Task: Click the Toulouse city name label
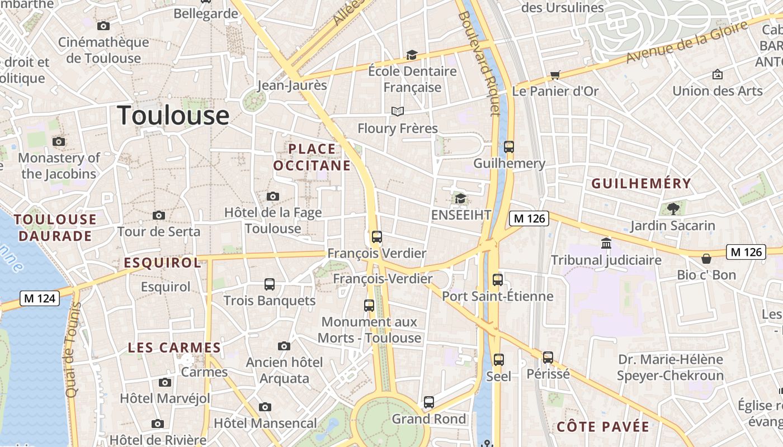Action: coord(173,115)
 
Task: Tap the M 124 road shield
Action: coord(40,298)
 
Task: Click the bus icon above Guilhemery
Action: coord(508,147)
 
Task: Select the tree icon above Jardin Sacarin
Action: coord(673,209)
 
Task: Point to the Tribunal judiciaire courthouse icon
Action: coord(606,244)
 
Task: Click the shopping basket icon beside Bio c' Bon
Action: coord(706,258)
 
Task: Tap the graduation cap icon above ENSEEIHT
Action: coord(460,198)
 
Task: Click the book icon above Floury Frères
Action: coord(397,112)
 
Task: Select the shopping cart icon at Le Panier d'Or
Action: coord(555,75)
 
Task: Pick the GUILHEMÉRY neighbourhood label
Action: coord(641,183)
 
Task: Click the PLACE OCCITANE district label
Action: coord(312,157)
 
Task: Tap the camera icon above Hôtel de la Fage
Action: coord(272,196)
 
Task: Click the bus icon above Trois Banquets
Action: coord(270,284)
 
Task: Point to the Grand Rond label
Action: coord(428,419)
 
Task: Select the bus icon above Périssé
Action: coord(548,357)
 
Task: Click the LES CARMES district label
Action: coord(174,348)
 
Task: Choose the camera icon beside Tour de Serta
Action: coord(159,216)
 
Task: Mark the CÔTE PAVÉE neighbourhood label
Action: coord(603,427)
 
